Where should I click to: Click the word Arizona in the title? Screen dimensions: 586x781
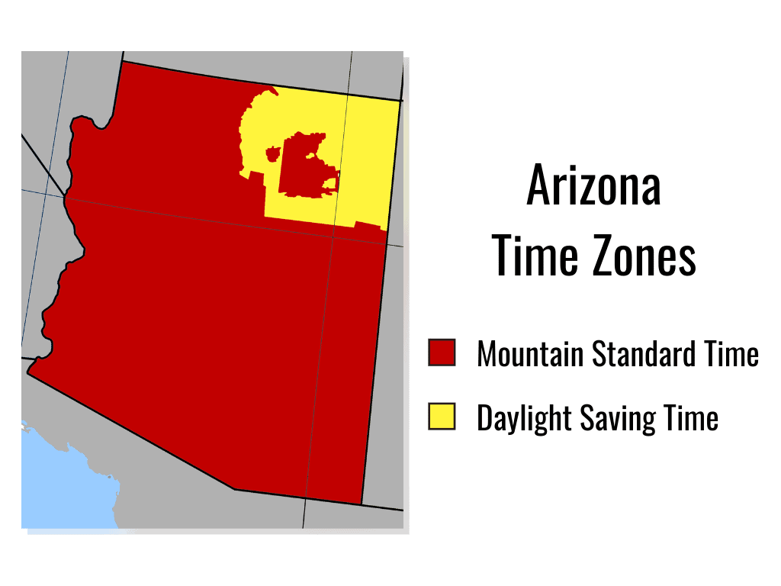tap(593, 185)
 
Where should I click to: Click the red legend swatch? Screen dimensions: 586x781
tap(442, 353)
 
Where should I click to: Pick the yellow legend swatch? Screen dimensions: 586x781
tap(442, 417)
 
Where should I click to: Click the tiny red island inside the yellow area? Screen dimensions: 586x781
tap(272, 154)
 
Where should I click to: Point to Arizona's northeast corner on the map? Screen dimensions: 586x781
tap(400, 101)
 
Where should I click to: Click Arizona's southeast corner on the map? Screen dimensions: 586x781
tap(361, 504)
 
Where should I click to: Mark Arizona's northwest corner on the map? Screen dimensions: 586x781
tap(123, 61)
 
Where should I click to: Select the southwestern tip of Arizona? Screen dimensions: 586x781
tap(28, 372)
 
